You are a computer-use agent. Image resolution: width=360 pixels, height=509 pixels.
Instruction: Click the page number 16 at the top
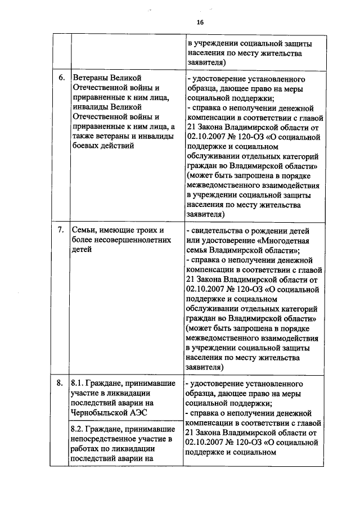tap(200, 22)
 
